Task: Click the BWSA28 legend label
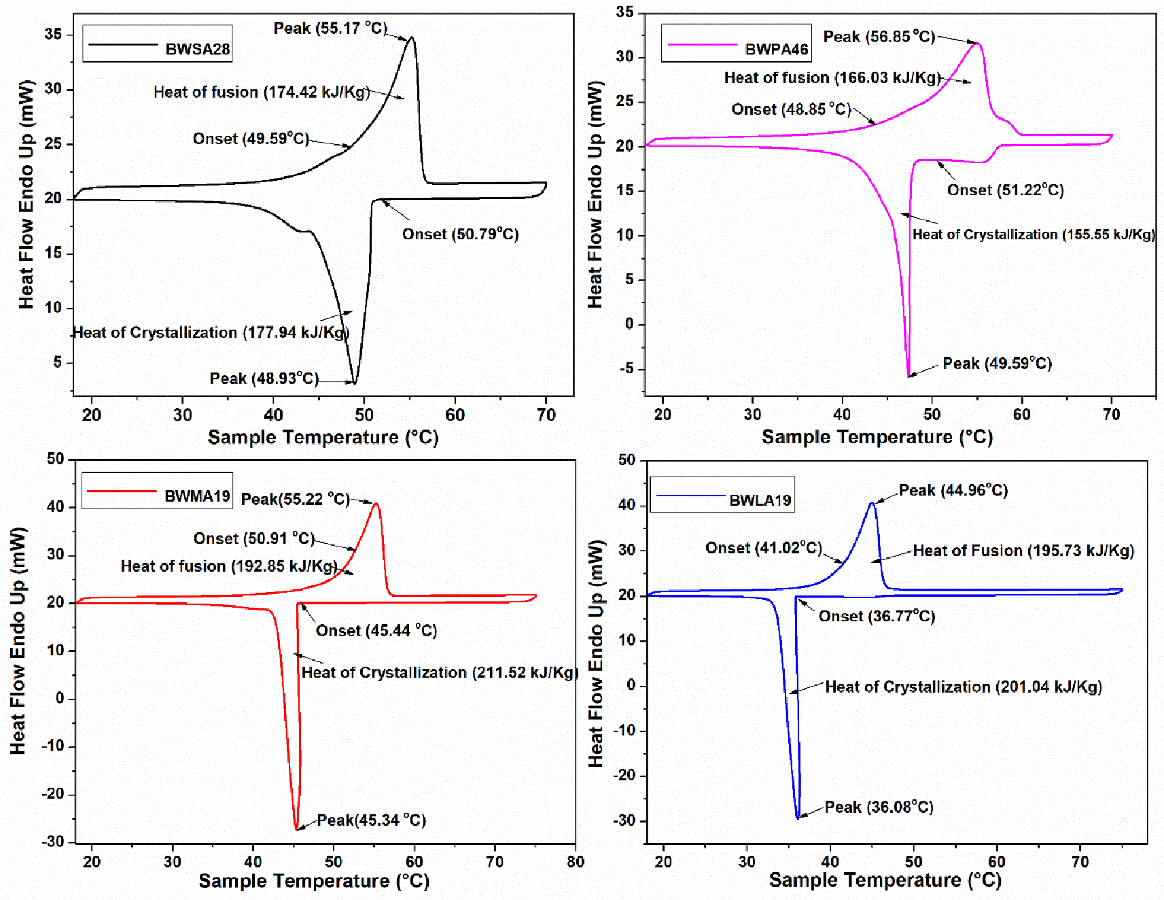[197, 49]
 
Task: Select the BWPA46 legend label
[776, 49]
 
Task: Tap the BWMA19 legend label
[197, 496]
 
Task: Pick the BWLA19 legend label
[760, 500]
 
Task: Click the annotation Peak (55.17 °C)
[330, 29]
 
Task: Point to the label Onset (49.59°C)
[251, 139]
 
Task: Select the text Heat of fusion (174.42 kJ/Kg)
[262, 92]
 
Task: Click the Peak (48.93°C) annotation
[264, 379]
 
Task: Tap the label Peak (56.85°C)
[879, 37]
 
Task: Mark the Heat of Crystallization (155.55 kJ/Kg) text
[1033, 235]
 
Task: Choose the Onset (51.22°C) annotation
[1005, 190]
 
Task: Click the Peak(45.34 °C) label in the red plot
[371, 820]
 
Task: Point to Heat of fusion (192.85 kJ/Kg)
[229, 566]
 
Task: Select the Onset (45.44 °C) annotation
[376, 631]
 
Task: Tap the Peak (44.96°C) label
[953, 491]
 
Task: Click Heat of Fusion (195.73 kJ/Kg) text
[1023, 551]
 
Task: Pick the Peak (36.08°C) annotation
[879, 808]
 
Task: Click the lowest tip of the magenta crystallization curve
[909, 375]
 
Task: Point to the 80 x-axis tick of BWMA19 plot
[576, 862]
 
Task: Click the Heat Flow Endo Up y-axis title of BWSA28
[27, 194]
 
